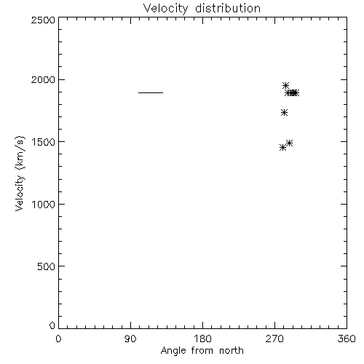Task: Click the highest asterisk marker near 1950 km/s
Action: [x=285, y=85]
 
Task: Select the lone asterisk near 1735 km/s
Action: [x=284, y=113]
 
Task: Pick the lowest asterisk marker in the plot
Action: [x=282, y=148]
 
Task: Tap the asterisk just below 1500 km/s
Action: [x=289, y=143]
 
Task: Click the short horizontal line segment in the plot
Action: [x=151, y=92]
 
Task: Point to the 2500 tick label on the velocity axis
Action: [x=43, y=20]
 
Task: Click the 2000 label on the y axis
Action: [x=43, y=80]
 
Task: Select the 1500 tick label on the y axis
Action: [x=44, y=142]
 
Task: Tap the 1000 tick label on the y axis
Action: [x=44, y=205]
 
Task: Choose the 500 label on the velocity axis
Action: [x=47, y=266]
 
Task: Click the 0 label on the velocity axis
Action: [x=52, y=325]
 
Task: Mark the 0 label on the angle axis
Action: [x=58, y=339]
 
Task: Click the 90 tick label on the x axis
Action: [x=130, y=339]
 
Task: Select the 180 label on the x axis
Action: [x=202, y=339]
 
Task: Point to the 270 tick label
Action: [x=274, y=339]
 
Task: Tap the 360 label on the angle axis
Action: [x=347, y=339]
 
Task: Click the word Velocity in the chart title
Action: [x=166, y=9]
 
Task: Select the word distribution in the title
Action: [x=228, y=8]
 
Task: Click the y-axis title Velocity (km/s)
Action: [x=20, y=173]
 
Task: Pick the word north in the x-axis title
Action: [x=232, y=351]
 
